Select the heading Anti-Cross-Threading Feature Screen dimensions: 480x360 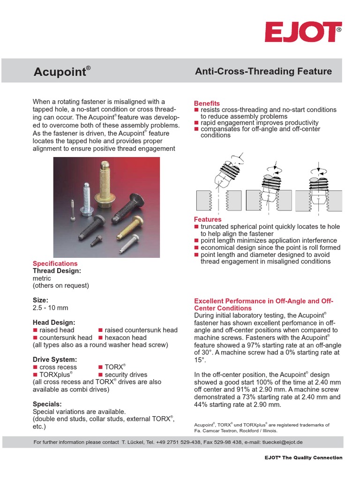click(x=263, y=71)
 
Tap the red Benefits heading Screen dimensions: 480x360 click(x=207, y=103)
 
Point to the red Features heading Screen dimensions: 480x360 click(x=208, y=219)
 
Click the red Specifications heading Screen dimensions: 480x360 click(x=55, y=263)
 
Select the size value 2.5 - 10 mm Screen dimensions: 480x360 click(x=50, y=308)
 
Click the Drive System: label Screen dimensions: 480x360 click(x=54, y=360)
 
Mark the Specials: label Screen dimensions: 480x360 click(x=47, y=404)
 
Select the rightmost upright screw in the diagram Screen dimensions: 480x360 click(x=318, y=185)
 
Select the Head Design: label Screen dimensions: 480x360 click(x=54, y=322)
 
